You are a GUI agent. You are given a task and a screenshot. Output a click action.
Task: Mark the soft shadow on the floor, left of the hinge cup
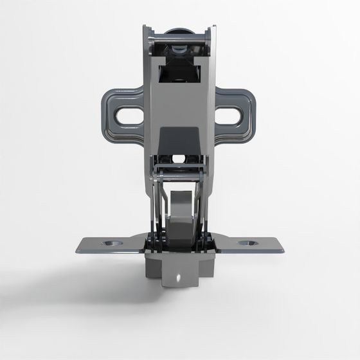pyautogui.click(x=84, y=283)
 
